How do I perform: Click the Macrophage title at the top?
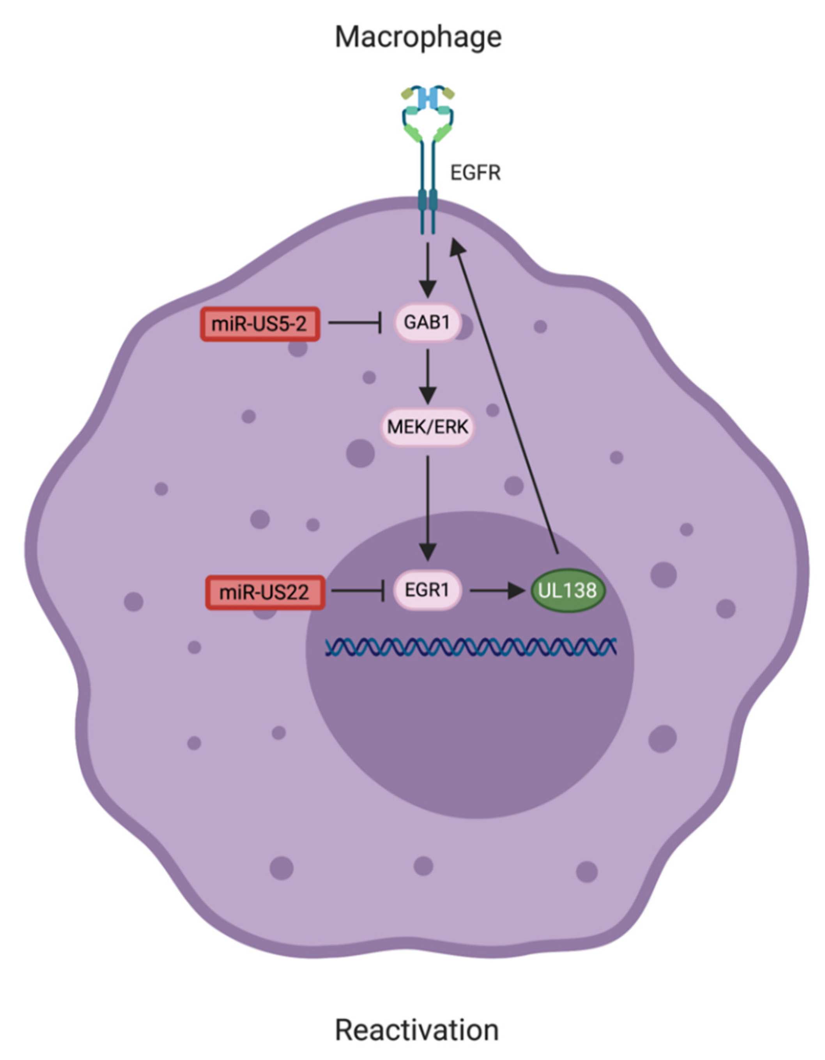(418, 37)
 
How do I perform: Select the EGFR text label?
(475, 173)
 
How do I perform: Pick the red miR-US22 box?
(265, 592)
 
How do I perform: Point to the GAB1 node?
(427, 323)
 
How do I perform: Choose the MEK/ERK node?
(427, 427)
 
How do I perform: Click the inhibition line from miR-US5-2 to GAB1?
(354, 323)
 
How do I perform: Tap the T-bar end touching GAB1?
(380, 323)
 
